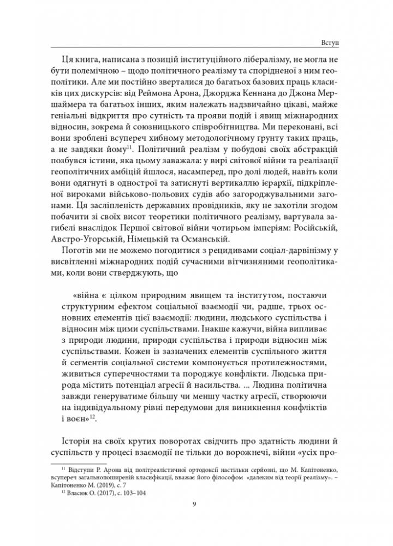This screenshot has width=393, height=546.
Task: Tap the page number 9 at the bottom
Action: click(x=195, y=504)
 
